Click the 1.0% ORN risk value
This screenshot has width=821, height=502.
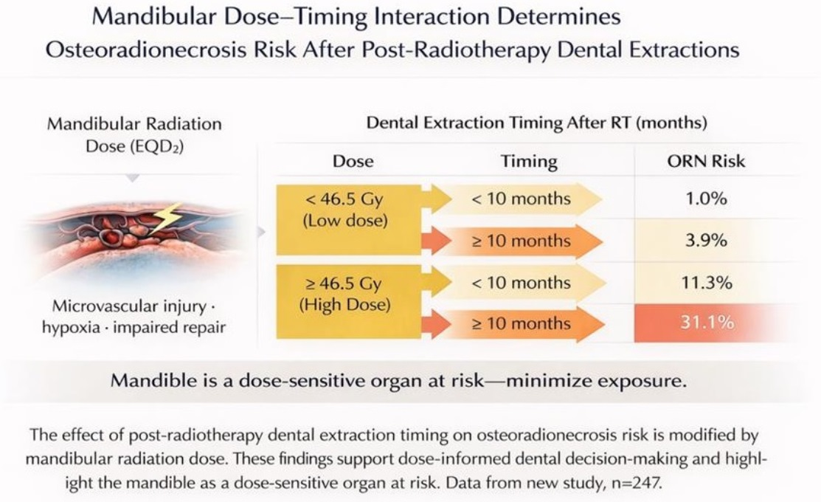coord(706,199)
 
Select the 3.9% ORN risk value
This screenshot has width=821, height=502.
coord(706,241)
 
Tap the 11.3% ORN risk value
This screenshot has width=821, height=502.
coord(707,283)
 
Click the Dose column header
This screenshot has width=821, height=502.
coord(353,161)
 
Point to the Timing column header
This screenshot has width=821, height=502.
coord(529,161)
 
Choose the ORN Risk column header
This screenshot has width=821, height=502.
coord(706,161)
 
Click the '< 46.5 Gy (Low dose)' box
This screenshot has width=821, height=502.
coord(348,219)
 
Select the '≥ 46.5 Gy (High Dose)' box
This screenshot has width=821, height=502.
coord(348,301)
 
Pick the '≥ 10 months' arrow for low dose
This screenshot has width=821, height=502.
coord(519,241)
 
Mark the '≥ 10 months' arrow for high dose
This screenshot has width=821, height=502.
coord(519,324)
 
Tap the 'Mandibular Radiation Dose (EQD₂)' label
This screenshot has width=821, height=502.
coord(134,135)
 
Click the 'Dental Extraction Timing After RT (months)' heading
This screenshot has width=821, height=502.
coord(537,123)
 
